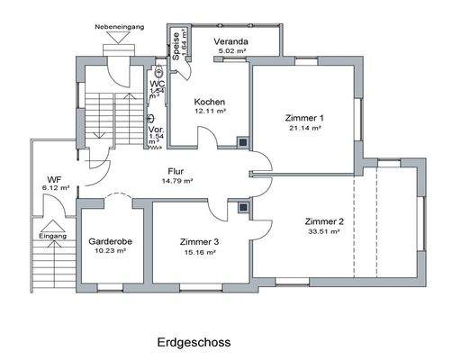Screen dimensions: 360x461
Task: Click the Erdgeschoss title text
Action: (x=194, y=342)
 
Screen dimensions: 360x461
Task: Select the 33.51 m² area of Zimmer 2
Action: (x=321, y=231)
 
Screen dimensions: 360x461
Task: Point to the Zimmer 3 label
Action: (x=198, y=242)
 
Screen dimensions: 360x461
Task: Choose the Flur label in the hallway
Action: (x=176, y=170)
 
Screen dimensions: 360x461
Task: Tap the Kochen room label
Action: (x=209, y=102)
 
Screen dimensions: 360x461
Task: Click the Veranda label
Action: (x=230, y=42)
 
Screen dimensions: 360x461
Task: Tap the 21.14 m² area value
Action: (x=304, y=129)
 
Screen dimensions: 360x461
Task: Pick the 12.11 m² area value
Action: (x=209, y=112)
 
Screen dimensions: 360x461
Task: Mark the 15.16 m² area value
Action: (x=198, y=253)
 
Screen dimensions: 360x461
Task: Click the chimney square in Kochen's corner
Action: (x=241, y=140)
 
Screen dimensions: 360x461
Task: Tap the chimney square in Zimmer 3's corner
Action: (x=242, y=206)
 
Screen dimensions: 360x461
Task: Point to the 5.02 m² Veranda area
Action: (x=231, y=52)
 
